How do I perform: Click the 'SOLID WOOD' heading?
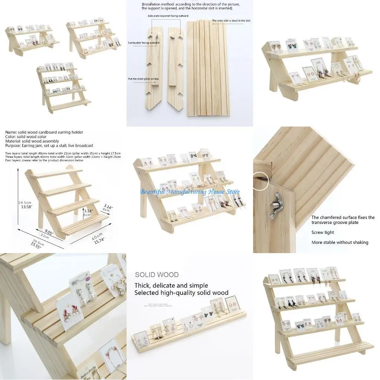click(157, 275)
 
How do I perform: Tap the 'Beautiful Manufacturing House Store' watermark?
click(190, 192)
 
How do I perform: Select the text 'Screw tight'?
click(322, 232)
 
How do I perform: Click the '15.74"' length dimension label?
click(98, 240)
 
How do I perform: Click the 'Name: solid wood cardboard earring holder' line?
click(44, 132)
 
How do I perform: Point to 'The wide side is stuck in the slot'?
click(231, 21)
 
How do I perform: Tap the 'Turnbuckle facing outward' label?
click(144, 43)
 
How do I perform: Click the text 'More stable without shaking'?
click(340, 242)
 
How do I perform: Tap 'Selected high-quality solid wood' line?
click(181, 293)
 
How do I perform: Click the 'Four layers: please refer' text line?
click(44, 160)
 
